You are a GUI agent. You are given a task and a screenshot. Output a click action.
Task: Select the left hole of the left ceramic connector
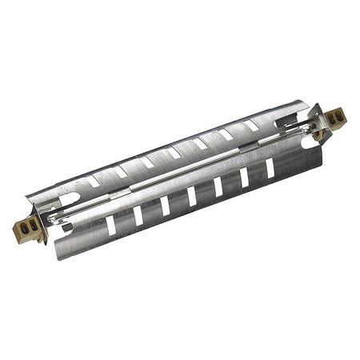[25, 228]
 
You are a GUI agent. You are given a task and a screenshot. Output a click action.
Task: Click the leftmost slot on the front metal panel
[110, 225]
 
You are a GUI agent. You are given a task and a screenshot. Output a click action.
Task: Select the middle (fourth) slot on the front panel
[191, 196]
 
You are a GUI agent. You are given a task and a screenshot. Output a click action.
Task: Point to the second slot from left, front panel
[138, 215]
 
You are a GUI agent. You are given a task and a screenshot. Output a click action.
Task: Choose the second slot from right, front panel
[244, 177]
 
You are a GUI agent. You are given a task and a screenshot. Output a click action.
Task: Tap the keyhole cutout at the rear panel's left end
[69, 197]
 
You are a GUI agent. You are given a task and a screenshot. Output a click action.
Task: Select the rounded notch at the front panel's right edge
[309, 142]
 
